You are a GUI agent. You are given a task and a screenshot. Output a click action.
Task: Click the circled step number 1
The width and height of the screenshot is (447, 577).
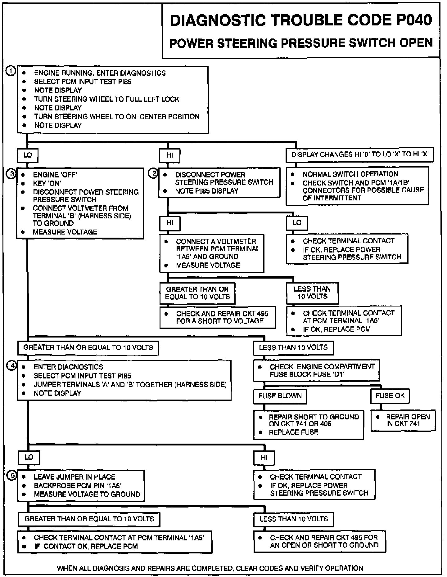pos(11,71)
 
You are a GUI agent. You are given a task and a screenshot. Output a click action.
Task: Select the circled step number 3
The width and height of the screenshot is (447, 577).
pos(11,174)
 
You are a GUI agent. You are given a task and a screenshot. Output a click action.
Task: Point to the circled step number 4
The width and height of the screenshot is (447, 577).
pos(12,366)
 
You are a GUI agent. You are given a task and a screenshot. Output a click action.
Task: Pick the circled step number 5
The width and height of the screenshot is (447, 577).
pos(12,476)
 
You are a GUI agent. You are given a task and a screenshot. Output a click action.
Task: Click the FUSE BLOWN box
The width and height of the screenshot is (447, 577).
pos(280,396)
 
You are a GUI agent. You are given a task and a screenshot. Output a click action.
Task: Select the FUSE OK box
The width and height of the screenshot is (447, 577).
pos(390,396)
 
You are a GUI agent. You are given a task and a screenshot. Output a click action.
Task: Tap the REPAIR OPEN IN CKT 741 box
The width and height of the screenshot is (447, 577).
pos(403,420)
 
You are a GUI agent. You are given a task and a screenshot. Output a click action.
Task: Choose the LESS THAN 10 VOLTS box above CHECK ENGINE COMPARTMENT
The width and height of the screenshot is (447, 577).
pos(293,347)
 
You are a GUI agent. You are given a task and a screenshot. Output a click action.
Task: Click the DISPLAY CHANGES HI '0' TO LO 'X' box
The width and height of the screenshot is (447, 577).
pos(359,154)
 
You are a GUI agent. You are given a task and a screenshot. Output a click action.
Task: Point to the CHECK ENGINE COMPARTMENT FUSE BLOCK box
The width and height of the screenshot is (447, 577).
pos(316,370)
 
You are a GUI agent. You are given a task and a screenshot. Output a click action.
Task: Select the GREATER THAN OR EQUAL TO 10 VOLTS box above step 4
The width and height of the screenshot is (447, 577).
pos(88,347)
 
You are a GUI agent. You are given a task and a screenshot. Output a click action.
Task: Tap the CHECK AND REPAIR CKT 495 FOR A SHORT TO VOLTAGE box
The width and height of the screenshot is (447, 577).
pos(218,317)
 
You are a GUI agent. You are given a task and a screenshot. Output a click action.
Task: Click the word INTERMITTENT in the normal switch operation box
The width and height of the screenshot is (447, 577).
pos(332,198)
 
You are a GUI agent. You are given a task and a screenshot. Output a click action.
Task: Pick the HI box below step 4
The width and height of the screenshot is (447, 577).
pos(264,457)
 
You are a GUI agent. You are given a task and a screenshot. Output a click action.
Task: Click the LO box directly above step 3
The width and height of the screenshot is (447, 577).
pos(28,155)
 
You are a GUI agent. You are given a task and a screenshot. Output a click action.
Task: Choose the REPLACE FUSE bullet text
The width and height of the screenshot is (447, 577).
pos(293,432)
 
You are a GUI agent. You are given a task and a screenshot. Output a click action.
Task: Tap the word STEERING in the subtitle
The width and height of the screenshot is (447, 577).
pos(246,43)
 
